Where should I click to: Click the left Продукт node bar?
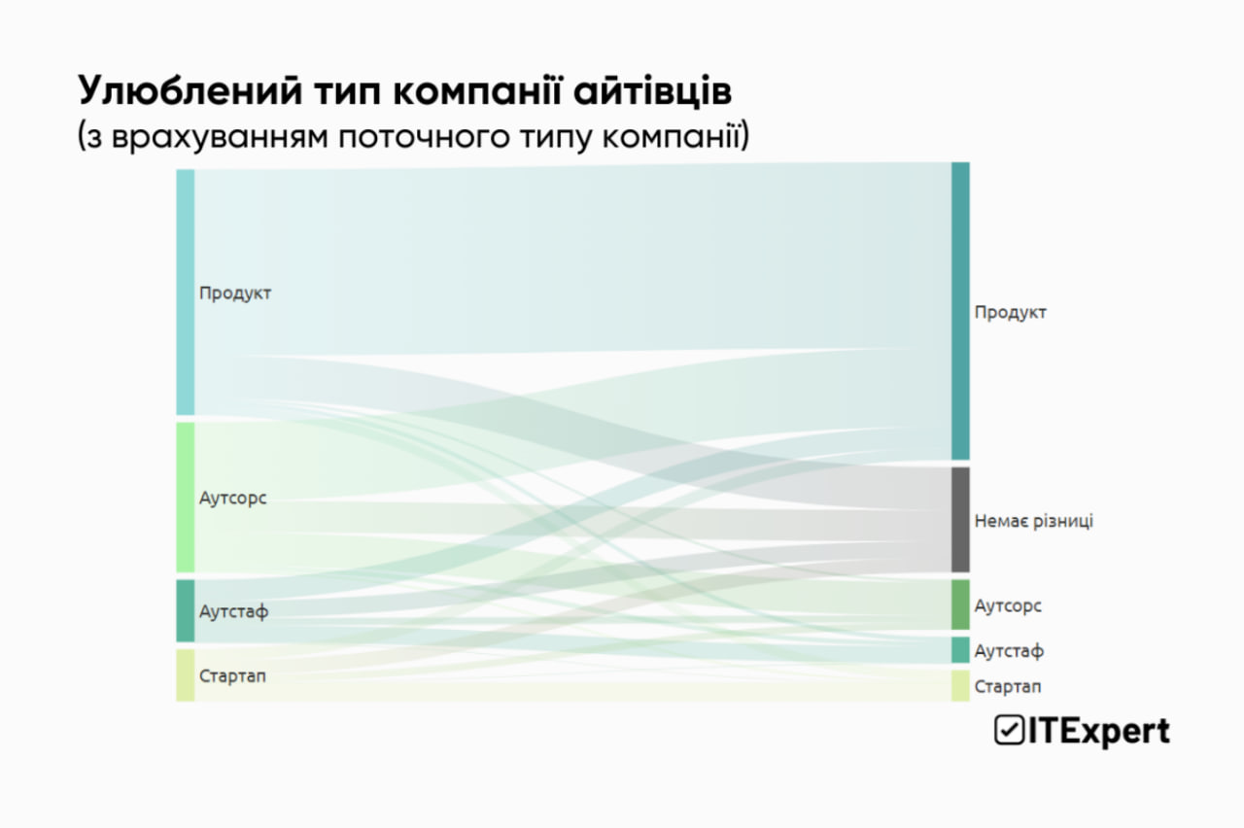185,292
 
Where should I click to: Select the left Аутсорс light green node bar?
185,497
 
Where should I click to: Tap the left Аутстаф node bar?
185,610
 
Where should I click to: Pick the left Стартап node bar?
185,675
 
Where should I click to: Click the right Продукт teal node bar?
959,311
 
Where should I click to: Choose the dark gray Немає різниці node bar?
959,520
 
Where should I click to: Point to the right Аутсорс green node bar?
959,604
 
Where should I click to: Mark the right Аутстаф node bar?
959,649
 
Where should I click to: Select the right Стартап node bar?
959,686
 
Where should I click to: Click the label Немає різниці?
1033,521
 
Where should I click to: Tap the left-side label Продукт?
235,293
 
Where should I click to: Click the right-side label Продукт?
1011,312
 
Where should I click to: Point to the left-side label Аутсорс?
232,498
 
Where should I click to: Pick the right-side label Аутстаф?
1009,650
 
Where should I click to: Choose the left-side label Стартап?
232,675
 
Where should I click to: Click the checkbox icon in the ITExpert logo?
1008,731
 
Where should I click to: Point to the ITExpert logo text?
1097,731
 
